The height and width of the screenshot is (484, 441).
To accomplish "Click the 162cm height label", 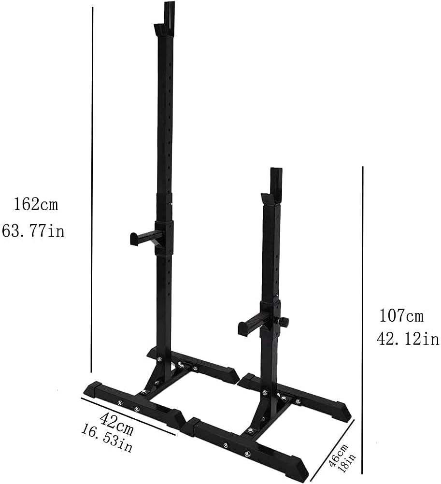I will (x=35, y=204).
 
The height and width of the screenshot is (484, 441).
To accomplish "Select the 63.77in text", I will (x=33, y=231).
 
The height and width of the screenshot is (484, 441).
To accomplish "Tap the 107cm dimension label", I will (x=401, y=316).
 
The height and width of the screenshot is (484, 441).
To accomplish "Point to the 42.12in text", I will (x=408, y=339).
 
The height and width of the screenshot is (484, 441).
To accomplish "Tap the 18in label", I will (x=345, y=461).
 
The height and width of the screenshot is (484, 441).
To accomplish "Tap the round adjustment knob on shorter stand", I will (x=285, y=321).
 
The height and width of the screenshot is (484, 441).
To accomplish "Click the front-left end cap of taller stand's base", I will (x=93, y=388).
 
